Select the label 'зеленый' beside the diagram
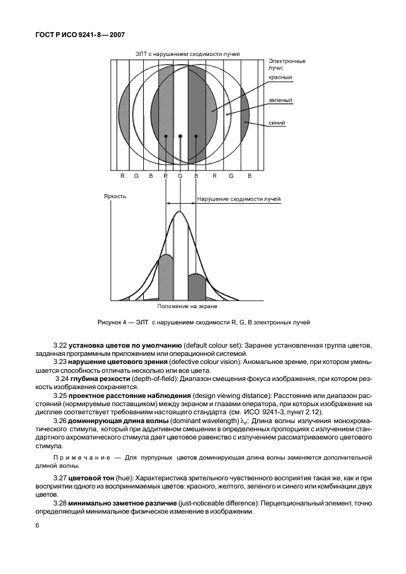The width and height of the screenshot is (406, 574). click(x=281, y=100)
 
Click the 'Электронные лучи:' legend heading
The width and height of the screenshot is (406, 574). click(x=287, y=64)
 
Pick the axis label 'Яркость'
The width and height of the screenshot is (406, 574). click(x=115, y=196)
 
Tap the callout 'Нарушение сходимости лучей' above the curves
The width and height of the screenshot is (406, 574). click(x=239, y=199)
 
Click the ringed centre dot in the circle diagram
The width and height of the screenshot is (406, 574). click(x=180, y=136)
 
